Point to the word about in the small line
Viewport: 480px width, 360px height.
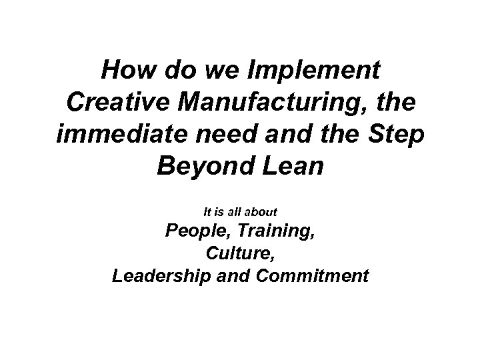pyautogui.click(x=262, y=211)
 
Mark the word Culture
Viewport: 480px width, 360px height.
pyautogui.click(x=240, y=255)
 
